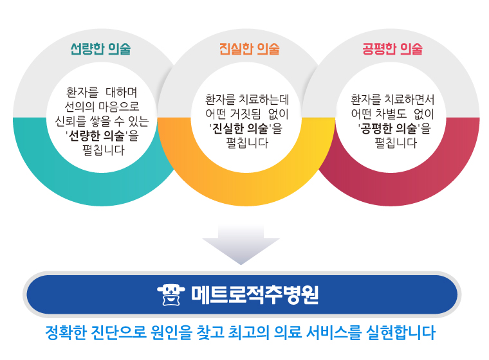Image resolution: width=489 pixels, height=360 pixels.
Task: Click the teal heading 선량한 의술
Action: (100, 49)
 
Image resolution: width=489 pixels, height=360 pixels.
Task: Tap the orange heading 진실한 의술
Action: (249, 49)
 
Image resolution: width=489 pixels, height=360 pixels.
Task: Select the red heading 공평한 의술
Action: (392, 49)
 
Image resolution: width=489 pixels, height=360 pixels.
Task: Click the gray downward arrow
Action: (241, 244)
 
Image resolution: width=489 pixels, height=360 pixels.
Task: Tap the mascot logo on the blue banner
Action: (171, 294)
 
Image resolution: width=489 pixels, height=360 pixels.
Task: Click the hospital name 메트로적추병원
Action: (255, 294)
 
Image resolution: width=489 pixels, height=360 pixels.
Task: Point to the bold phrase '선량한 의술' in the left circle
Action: (97, 136)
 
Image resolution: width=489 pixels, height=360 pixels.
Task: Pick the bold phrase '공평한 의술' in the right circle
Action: (389, 129)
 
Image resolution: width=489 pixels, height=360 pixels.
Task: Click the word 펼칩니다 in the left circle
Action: (104, 150)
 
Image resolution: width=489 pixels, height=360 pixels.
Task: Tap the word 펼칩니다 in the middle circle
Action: (247, 143)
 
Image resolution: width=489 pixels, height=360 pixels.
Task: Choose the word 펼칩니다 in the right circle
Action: (396, 143)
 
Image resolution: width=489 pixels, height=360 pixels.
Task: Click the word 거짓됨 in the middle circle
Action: (245, 114)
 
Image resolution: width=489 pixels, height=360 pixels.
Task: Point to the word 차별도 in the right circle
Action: (391, 114)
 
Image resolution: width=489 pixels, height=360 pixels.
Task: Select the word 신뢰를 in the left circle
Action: (71, 122)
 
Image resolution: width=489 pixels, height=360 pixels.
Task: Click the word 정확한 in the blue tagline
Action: (66, 332)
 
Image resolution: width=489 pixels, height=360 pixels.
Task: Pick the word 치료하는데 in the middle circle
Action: (264, 100)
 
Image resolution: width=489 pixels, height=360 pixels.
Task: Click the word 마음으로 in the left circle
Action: (119, 107)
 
